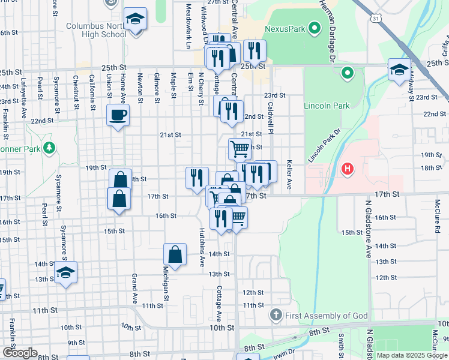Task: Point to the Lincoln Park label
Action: pos(327,106)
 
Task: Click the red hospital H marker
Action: pos(346,169)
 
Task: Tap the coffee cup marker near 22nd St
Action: pos(118,114)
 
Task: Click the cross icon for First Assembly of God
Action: pos(276,315)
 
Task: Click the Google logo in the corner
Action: pos(20,353)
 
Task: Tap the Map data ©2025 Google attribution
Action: pos(412,355)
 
